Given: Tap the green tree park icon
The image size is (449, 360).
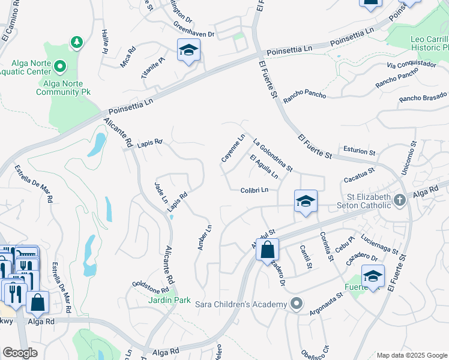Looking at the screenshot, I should coord(76,42).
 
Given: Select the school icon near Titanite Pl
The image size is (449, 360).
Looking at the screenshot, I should coord(188,52).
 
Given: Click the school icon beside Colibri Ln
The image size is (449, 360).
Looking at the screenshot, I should coord(306,202).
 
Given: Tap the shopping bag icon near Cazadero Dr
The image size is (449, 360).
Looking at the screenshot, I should coord(267,250).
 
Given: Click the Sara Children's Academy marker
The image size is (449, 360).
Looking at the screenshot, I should coord(295,304).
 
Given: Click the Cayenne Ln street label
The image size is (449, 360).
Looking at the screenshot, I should coord(233,148).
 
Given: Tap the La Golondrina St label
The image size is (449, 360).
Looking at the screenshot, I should coord(273,155).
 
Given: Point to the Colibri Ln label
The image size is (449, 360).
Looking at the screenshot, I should coord(254,190).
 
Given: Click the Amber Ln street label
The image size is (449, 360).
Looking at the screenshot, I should coord(205,238).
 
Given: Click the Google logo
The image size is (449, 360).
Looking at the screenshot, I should coord(20,353).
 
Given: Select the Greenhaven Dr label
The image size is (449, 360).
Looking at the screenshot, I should coord(194,30).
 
